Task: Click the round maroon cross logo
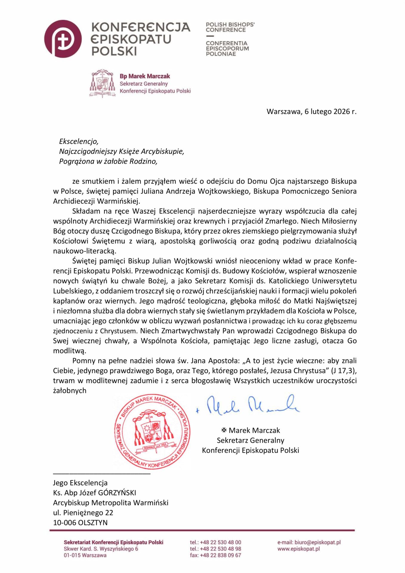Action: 63,39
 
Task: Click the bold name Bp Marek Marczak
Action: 145,76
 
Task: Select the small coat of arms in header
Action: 102,83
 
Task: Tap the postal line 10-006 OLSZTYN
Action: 80,523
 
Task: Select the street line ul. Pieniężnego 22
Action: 83,513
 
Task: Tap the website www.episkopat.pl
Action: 299,549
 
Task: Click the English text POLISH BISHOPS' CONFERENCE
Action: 230,27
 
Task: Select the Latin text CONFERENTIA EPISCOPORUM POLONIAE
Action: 227,48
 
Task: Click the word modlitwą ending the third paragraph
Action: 69,351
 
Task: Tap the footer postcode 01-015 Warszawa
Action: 85,555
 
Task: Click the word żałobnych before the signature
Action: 69,391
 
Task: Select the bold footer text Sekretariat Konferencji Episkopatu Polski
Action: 113,542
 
